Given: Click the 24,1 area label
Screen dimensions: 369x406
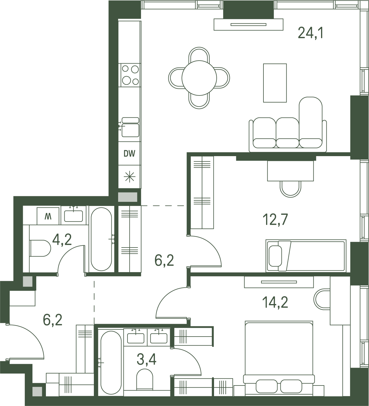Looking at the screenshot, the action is coord(311,33).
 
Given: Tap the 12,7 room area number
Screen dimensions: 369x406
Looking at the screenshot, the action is coord(275,219).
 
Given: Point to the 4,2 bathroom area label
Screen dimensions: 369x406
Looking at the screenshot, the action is coord(62,240).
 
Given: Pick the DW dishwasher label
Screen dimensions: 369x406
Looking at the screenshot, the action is coord(129,153).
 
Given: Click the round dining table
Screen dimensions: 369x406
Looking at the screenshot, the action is coord(199,78).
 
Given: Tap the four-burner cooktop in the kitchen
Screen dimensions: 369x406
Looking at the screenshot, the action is coord(130,75).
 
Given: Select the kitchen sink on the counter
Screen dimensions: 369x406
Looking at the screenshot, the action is coord(130,127).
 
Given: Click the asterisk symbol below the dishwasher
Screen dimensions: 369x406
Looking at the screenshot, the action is coord(130,177).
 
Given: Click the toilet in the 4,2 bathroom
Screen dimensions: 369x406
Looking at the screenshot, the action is coord(40,248).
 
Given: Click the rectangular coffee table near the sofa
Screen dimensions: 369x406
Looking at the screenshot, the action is coord(275,83).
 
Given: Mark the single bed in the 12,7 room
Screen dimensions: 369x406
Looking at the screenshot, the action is coord(306,256).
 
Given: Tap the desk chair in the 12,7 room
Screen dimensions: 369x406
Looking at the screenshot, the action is coord(290,188).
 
